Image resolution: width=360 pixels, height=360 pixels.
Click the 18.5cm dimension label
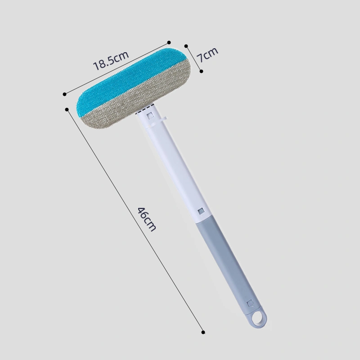[x=111, y=61]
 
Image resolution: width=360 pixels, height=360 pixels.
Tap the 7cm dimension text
[x=207, y=54]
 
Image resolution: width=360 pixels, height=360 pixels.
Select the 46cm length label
[x=147, y=219]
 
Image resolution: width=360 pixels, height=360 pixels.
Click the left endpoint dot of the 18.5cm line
[x=64, y=94]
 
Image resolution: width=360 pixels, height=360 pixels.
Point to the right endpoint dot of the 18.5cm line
[x=169, y=42]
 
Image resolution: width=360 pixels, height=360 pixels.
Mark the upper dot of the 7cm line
[x=186, y=46]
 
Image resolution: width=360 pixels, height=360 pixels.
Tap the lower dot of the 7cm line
[x=201, y=71]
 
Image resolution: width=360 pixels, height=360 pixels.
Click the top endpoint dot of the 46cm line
[x=67, y=109]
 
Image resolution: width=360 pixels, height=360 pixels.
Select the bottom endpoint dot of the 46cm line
[x=203, y=332]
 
